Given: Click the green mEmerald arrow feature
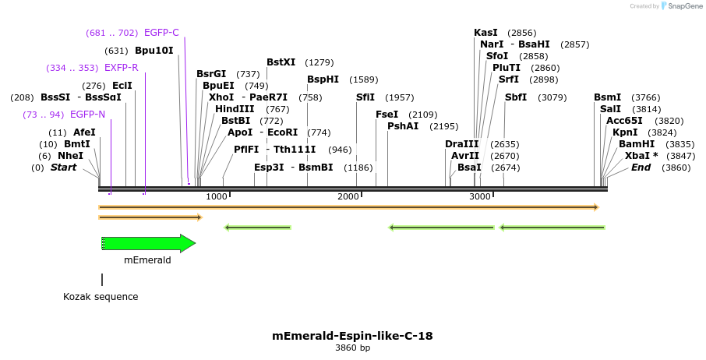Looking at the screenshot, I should pos(148,244).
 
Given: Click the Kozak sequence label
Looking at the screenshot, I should pos(101,297).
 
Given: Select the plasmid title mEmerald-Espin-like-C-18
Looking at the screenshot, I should pos(352,336).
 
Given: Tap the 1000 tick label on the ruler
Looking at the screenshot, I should pos(217,196).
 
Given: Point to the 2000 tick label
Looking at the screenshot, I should pos(348,196).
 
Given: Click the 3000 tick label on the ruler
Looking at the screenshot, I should pos(480,196).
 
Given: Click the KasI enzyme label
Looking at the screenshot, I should pos(485,33).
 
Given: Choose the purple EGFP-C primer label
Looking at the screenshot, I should pos(161,33).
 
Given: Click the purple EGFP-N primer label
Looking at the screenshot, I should pos(87,115).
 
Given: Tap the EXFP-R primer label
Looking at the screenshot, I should pos(121,68).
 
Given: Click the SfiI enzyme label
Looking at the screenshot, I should pos(365,97).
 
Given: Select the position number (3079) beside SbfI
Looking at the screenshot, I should pos(552,97).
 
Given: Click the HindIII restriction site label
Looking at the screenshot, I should pos(235,109).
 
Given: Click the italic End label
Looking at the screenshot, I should pos(641,168).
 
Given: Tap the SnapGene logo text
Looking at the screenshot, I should pos(680,6).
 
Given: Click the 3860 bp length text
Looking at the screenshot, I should pos(352,348).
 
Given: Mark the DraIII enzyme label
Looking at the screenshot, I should pos(461,144).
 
